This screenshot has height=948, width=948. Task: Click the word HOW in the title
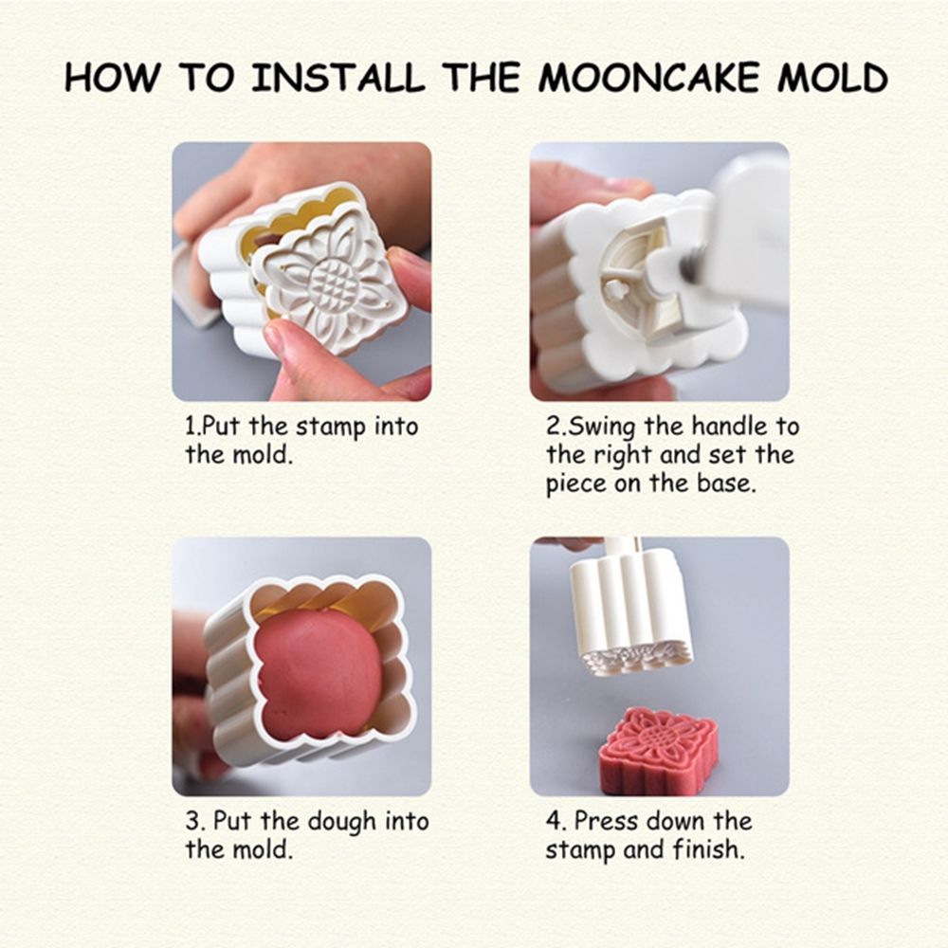(x=110, y=78)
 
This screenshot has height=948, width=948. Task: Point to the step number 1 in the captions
(x=190, y=428)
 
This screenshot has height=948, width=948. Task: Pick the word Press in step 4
(x=608, y=821)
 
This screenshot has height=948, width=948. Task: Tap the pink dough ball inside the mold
(x=318, y=673)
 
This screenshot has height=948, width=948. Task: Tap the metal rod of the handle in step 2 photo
(x=695, y=261)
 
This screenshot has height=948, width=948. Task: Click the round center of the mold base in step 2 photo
(x=620, y=284)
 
